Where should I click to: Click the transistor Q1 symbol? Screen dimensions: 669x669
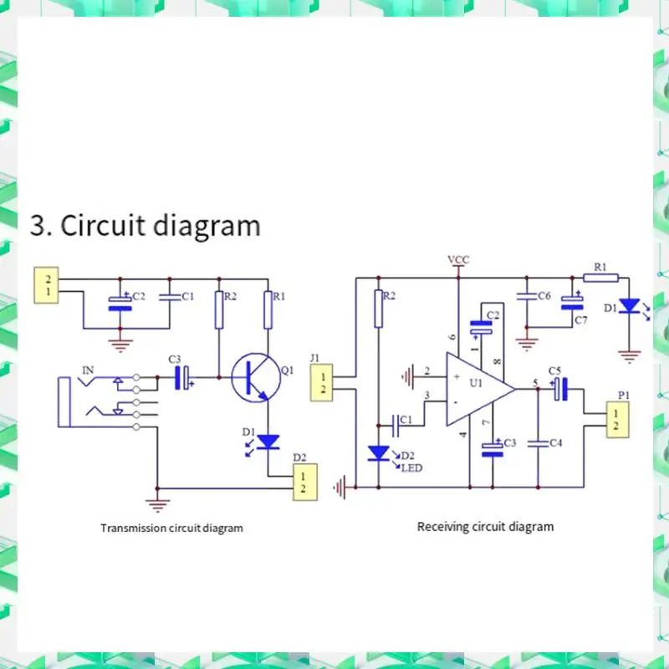tap(256, 378)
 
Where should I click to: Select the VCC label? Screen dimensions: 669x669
tap(458, 259)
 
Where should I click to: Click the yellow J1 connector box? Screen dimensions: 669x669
tap(321, 383)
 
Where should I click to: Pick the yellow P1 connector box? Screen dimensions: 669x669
tap(617, 420)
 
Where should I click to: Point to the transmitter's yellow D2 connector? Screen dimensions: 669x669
tap(304, 482)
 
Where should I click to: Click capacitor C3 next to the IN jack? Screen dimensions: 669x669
tap(181, 378)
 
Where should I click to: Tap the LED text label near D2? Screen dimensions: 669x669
tap(411, 468)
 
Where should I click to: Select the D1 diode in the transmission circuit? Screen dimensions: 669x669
tap(268, 442)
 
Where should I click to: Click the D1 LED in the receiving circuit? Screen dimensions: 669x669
tap(629, 306)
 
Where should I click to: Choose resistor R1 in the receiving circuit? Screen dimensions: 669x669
tap(600, 278)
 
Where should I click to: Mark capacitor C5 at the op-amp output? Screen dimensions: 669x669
tap(560, 389)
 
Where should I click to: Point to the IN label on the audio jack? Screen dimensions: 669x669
tap(88, 370)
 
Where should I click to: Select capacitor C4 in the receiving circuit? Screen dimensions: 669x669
tap(538, 444)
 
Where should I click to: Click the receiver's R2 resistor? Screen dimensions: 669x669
tap(378, 309)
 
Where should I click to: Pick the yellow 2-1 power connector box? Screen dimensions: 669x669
tap(46, 285)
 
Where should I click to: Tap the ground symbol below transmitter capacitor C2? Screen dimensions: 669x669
tap(120, 345)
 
